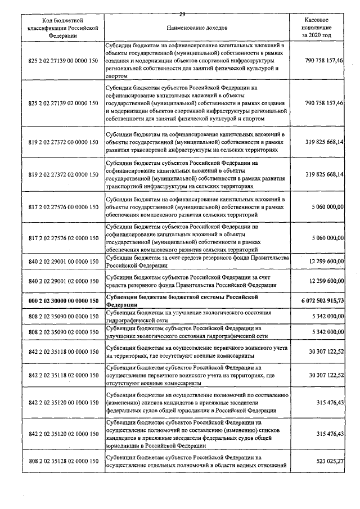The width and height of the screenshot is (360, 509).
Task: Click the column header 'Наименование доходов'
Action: click(196, 27)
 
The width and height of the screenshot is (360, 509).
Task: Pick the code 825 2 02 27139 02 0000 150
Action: click(63, 103)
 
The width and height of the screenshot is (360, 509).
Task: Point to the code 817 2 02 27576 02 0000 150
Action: click(63, 238)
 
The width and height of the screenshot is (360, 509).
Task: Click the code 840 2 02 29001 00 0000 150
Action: click(63, 262)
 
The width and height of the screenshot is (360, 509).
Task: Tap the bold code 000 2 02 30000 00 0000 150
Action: click(63, 301)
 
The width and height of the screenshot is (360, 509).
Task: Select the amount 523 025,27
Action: click(326, 461)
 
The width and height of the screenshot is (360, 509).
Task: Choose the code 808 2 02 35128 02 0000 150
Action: click(63, 461)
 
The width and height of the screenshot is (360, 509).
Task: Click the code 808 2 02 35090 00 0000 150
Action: click(63, 317)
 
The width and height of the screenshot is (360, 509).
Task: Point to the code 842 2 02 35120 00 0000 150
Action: click(63, 403)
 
